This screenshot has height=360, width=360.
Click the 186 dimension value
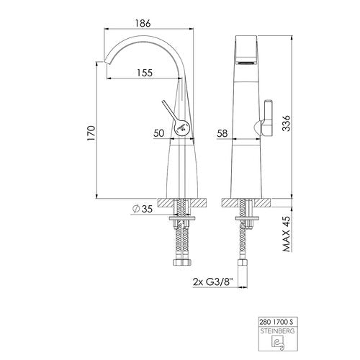pos(143,23)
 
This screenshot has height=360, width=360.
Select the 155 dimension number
pos(145,73)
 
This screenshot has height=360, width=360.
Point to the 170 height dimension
pos(91,133)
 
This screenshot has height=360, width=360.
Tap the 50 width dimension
pos(159,133)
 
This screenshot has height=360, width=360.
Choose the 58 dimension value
pos(222,133)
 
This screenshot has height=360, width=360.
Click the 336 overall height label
pos(286,123)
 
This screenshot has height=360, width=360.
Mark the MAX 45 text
pos(287,233)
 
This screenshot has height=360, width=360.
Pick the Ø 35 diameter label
pos(143,209)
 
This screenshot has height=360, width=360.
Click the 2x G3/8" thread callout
pos(213,282)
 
